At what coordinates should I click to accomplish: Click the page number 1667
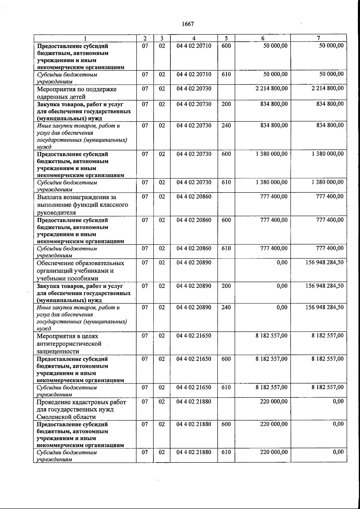click(x=188, y=24)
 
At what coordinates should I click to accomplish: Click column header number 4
click(x=194, y=38)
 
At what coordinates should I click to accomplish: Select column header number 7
click(x=318, y=38)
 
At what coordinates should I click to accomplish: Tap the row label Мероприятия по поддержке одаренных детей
click(x=77, y=93)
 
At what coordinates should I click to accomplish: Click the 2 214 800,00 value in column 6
click(x=271, y=88)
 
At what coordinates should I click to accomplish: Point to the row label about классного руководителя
click(x=82, y=205)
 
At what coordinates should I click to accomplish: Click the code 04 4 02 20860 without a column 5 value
click(x=194, y=196)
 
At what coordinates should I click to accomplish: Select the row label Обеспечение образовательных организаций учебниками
click(x=80, y=271)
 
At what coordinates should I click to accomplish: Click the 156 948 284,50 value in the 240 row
click(x=324, y=307)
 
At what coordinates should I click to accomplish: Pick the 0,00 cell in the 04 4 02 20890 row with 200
click(x=282, y=286)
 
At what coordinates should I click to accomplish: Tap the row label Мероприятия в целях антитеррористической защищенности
click(x=69, y=344)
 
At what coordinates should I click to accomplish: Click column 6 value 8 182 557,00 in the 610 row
click(x=271, y=387)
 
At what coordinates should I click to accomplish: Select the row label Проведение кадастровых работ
click(x=81, y=409)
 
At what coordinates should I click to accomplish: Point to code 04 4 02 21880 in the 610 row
click(x=194, y=452)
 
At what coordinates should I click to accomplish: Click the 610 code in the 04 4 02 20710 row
click(x=226, y=74)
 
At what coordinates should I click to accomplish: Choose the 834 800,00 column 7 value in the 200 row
click(x=330, y=104)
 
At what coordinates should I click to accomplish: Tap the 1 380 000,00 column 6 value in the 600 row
click(x=271, y=154)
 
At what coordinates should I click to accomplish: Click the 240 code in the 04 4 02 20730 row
click(x=226, y=125)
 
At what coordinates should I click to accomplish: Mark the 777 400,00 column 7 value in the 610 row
click(x=330, y=248)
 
